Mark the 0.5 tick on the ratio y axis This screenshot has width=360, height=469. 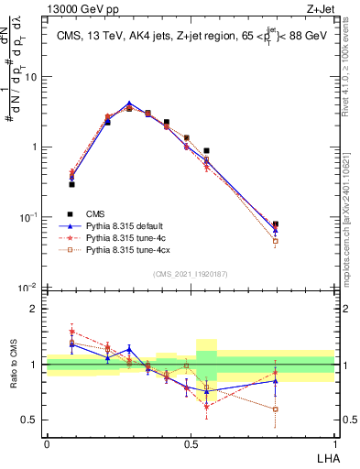[32, 420]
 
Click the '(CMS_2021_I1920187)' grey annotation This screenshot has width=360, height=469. [191, 274]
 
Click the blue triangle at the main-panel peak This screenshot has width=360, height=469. [129, 104]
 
